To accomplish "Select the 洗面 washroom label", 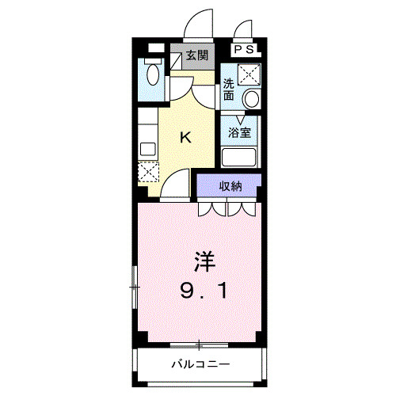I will tap(228, 89).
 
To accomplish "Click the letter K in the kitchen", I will tap(185, 137).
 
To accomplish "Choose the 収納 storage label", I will tap(230, 186).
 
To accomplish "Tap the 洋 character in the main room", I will tap(204, 261).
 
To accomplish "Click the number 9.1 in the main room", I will tap(204, 291).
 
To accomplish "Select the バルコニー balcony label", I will tap(201, 364).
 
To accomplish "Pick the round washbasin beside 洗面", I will tap(251, 98).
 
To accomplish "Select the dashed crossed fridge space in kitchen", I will tap(148, 172).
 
